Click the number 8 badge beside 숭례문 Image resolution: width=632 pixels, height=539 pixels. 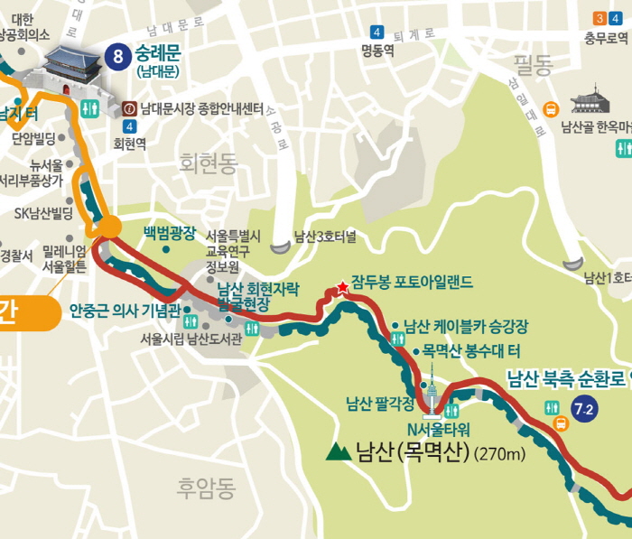tap(116, 56)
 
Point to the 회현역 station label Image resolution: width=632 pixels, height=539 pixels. tap(130, 143)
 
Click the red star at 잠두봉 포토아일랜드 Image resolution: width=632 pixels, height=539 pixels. tap(342, 287)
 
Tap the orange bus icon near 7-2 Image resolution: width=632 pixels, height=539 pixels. tap(560, 423)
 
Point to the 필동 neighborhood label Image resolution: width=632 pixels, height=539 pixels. tap(533, 64)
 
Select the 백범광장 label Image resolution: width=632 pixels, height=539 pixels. tap(169, 232)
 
